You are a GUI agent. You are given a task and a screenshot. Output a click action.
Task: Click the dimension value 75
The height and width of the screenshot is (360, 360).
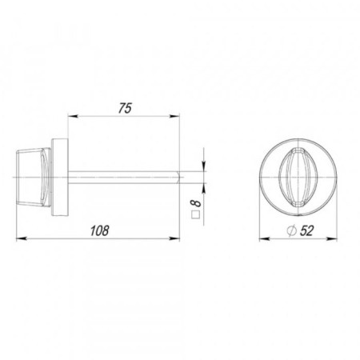tap(125, 108)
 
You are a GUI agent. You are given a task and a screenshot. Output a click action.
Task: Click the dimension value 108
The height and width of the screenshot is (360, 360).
tap(100, 230)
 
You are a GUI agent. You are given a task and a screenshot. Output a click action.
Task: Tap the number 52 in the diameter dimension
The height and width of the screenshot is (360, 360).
tap(306, 230)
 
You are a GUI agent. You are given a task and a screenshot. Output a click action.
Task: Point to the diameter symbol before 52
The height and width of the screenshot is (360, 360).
tap(291, 231)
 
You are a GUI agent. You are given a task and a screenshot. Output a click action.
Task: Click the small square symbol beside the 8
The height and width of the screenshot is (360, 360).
tap(196, 215)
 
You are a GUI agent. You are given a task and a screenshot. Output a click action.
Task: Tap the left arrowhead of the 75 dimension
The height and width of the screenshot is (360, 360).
tap(73, 116)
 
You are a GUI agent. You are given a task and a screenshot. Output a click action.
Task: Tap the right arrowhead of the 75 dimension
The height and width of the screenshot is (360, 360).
tap(174, 116)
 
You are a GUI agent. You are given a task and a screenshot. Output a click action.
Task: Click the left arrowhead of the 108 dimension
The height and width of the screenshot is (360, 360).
tap(22, 238)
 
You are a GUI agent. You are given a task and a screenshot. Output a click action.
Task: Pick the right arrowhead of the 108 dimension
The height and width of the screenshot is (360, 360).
tap(174, 238)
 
